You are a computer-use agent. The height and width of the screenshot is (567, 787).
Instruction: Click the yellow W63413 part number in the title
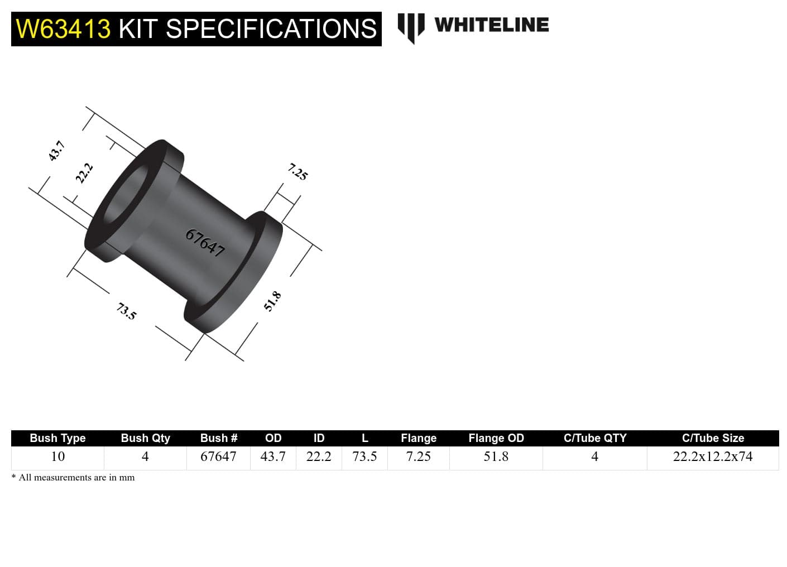click(63, 29)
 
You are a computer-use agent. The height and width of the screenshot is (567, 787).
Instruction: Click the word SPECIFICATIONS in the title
click(271, 29)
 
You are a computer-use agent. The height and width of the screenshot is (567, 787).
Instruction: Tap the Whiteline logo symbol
click(411, 27)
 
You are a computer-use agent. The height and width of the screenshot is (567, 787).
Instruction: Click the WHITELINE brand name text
click(491, 25)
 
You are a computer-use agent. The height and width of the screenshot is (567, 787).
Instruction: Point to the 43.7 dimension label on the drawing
click(56, 151)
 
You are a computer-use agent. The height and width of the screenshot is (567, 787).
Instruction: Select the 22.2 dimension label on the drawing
click(84, 173)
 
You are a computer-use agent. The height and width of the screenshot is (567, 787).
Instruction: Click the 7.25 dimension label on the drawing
click(297, 172)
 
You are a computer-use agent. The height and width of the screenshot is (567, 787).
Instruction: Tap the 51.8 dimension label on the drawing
click(272, 301)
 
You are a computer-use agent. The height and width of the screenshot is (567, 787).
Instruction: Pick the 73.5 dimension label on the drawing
click(126, 311)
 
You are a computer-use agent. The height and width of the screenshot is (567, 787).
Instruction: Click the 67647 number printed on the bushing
click(205, 243)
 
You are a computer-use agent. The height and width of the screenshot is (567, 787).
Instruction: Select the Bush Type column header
click(57, 438)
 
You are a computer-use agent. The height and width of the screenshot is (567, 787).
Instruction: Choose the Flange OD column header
click(496, 438)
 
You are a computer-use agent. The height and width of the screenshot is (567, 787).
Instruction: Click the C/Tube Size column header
click(712, 438)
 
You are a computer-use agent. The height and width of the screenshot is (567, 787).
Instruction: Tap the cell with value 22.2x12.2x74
click(712, 457)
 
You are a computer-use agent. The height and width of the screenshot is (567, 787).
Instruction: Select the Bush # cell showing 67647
click(218, 457)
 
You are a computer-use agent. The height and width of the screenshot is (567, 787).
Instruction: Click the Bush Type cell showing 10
click(57, 457)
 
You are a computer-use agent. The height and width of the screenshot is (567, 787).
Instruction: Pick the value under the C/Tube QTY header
click(594, 457)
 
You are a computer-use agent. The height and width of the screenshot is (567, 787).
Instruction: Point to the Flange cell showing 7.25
click(418, 457)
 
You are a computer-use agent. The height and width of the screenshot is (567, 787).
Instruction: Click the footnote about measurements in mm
click(73, 478)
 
